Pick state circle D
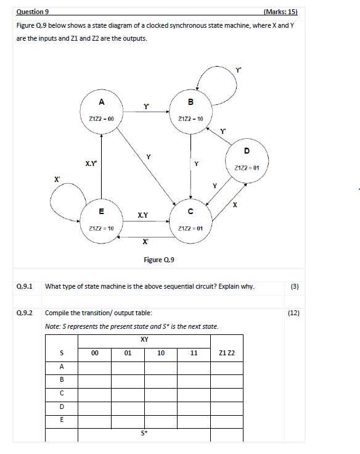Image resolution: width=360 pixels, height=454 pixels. pos(247,159)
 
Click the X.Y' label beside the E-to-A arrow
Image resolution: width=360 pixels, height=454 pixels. pos(90,163)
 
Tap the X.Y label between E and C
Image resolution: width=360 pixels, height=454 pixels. pos(142,215)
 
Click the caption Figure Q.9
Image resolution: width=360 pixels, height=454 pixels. pos(159,260)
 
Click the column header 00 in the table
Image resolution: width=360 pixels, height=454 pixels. pos(94,353)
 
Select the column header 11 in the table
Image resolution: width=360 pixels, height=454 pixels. pos(195,353)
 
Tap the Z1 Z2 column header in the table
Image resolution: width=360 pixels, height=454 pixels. pos(227,353)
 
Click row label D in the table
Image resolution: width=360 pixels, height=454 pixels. pos(61,407)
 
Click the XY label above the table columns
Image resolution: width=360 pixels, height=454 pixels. pos(144,339)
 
